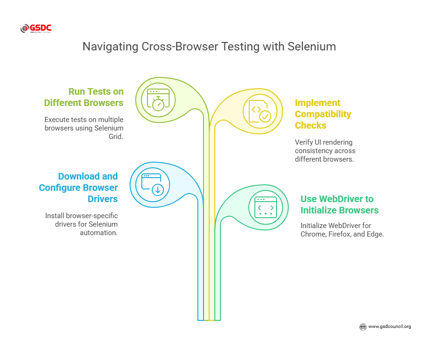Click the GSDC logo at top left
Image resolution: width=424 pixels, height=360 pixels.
(x=36, y=28)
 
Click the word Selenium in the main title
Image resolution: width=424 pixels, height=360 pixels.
(x=311, y=47)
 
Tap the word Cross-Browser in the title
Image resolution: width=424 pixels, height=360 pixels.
(x=180, y=47)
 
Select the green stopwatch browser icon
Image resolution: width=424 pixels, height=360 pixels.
(x=158, y=100)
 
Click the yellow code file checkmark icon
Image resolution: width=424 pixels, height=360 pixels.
(x=260, y=111)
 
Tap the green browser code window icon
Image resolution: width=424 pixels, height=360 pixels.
(x=266, y=207)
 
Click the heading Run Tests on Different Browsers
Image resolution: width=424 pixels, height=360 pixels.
(x=84, y=97)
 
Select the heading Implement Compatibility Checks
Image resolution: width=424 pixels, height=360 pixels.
(x=323, y=114)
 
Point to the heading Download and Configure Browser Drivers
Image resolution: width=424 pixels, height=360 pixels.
(x=78, y=188)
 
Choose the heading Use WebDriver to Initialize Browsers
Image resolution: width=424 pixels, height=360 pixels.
(x=340, y=205)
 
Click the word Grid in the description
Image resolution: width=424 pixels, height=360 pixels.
(x=116, y=137)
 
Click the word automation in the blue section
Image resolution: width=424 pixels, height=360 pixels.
(x=98, y=233)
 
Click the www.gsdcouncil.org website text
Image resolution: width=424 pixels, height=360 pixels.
(x=390, y=327)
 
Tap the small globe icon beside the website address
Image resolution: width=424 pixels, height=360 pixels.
(x=363, y=327)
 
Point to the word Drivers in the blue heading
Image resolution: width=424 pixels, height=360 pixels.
(x=103, y=199)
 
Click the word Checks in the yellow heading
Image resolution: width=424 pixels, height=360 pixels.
(x=310, y=125)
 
